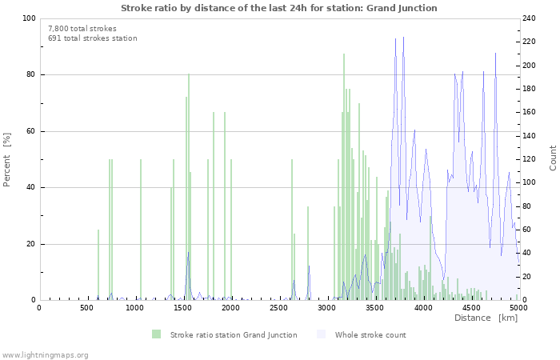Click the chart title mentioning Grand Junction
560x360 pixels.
click(x=279, y=8)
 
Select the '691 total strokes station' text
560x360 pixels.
click(x=92, y=38)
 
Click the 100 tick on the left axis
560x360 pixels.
click(x=26, y=18)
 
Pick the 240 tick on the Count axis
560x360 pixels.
click(x=530, y=18)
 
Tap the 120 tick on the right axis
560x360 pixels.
click(x=530, y=159)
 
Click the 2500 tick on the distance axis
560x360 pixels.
click(x=279, y=307)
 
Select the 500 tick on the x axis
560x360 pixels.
click(x=86, y=307)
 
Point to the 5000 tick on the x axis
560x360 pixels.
click(x=518, y=307)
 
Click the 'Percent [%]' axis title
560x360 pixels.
click(x=7, y=159)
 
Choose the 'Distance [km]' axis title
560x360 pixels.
click(x=486, y=318)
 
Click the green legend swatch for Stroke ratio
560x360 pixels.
click(x=156, y=334)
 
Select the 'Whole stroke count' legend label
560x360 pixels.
click(x=370, y=334)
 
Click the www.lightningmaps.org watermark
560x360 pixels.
click(x=45, y=354)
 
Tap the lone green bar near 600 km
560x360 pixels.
click(x=98, y=265)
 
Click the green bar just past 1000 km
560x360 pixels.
click(x=141, y=230)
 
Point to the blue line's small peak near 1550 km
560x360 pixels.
click(x=188, y=254)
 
